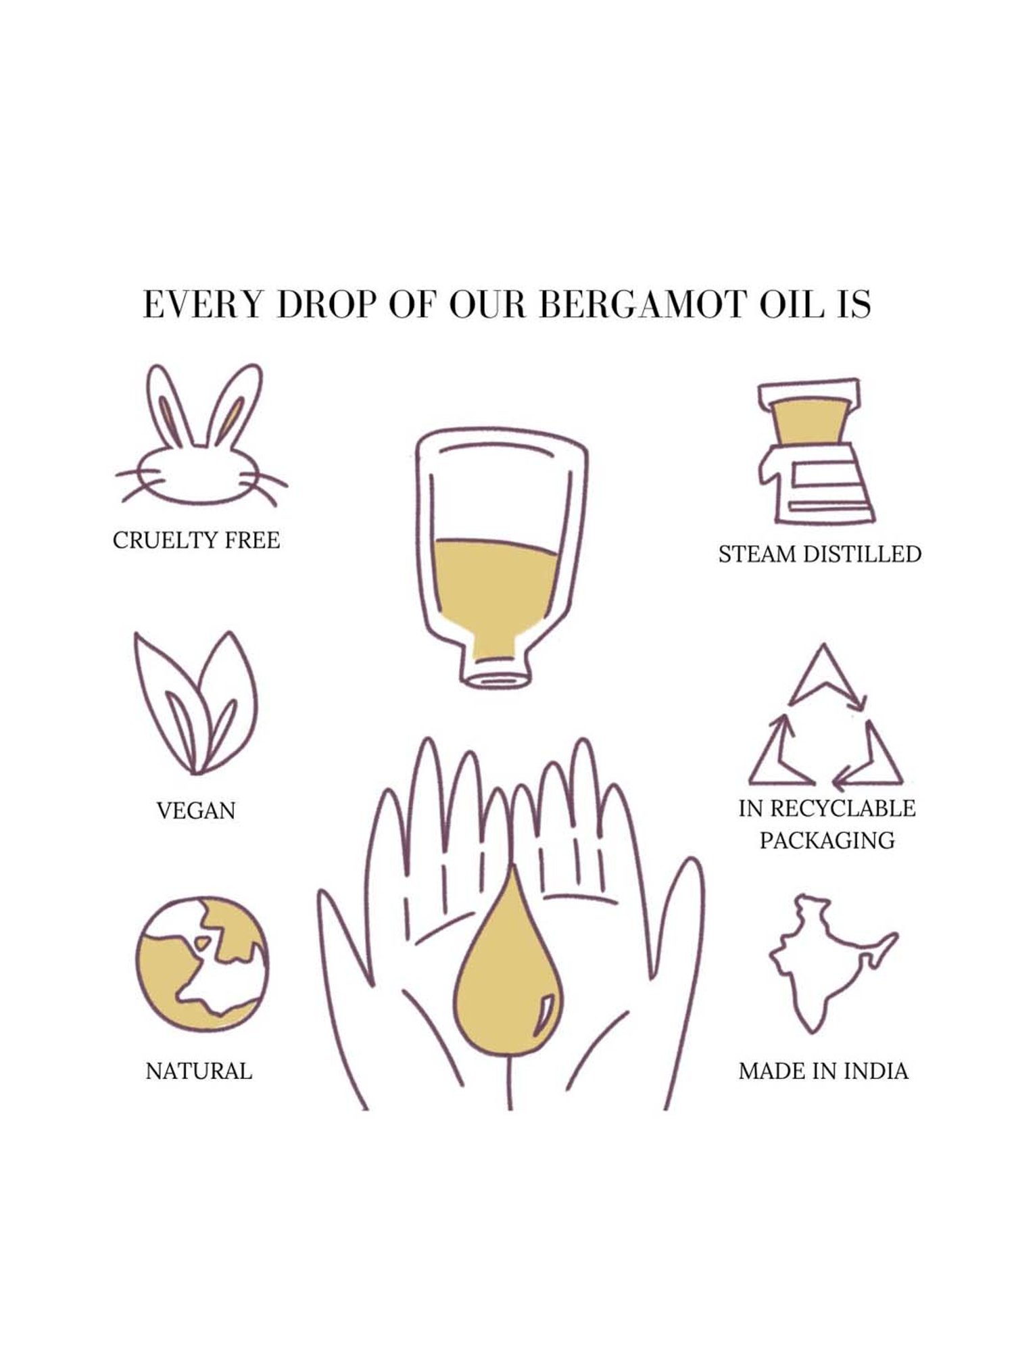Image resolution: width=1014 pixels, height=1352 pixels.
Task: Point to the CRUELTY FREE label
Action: pyautogui.click(x=196, y=541)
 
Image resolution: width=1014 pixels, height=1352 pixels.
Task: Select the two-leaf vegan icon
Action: pyautogui.click(x=196, y=704)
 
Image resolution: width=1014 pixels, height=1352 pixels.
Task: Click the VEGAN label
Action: pyautogui.click(x=196, y=811)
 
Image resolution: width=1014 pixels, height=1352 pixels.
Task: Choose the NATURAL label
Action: pyautogui.click(x=199, y=1071)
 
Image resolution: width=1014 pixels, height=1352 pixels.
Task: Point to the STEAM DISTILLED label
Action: pyautogui.click(x=820, y=554)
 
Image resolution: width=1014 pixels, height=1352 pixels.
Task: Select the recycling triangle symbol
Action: pyautogui.click(x=825, y=717)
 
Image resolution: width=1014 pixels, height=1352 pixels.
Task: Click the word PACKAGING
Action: pyautogui.click(x=827, y=841)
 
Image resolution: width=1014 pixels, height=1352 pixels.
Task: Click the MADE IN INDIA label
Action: pyautogui.click(x=823, y=1071)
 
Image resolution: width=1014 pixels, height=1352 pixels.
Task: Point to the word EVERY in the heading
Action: pyautogui.click(x=202, y=305)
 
